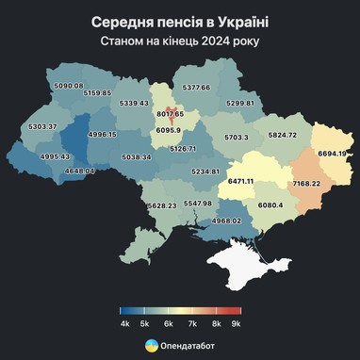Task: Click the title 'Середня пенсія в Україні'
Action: coord(179,21)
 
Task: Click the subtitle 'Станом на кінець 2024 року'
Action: coord(179,41)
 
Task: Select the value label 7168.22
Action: coord(307,183)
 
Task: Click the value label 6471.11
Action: coord(236,180)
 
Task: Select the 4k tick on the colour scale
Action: coord(124,323)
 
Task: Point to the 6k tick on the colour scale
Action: coord(169,323)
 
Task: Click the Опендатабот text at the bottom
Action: coord(187,346)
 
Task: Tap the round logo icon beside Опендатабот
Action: coord(151,346)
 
